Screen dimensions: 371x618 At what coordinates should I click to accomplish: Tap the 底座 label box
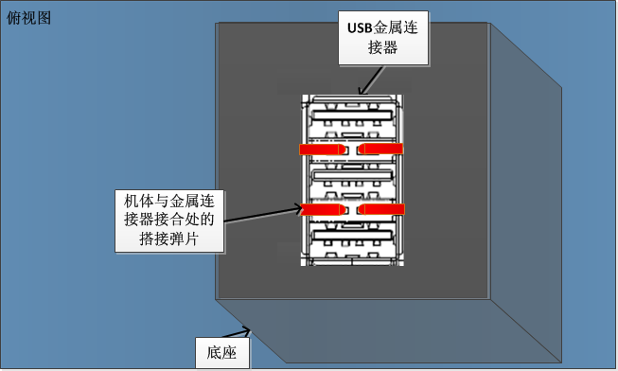coord(221,353)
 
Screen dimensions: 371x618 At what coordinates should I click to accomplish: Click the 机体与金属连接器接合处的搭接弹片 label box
coord(169,220)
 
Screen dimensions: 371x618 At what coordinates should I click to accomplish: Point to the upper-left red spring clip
coord(321,149)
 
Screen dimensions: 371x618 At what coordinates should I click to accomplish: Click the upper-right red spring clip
coord(380,149)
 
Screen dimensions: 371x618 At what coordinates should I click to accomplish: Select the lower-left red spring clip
coord(321,208)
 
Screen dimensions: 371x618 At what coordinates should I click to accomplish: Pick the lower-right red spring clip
coord(380,208)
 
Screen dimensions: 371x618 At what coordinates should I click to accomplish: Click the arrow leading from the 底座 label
coord(242,333)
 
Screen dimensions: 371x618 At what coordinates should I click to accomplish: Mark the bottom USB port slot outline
coord(351,242)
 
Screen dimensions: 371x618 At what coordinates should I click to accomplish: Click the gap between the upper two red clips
coord(350,149)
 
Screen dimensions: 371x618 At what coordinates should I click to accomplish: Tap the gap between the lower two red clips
coord(350,208)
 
